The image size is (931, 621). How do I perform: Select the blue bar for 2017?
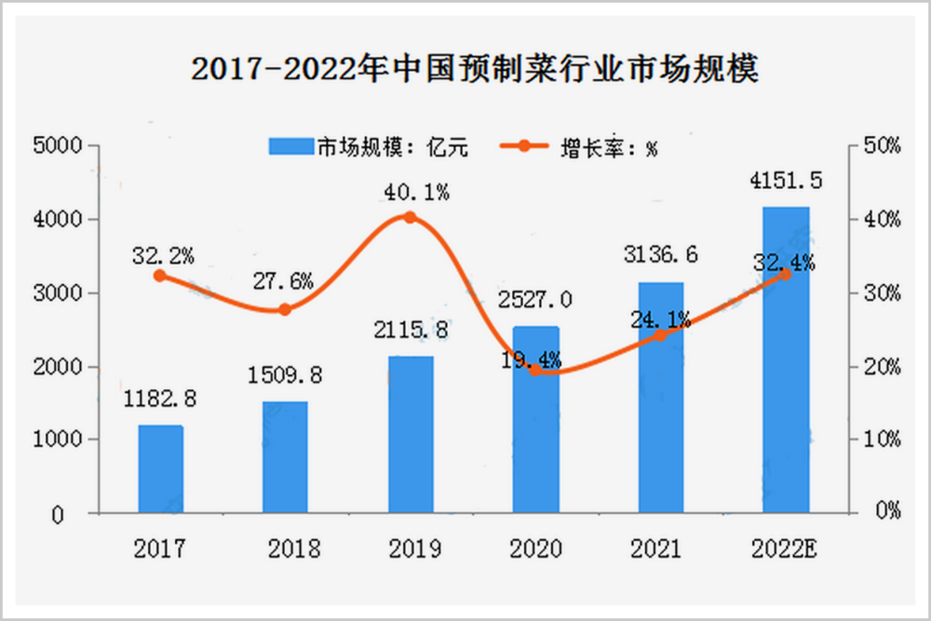[160, 469]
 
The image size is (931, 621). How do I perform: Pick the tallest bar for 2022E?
[785, 359]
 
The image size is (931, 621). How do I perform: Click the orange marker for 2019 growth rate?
[410, 218]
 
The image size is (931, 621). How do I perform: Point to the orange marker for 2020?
[535, 370]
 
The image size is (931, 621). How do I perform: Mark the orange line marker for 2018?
[285, 309]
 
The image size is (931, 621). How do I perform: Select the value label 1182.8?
[160, 399]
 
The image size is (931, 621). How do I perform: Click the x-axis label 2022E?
[785, 547]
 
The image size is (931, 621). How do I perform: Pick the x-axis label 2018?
[285, 547]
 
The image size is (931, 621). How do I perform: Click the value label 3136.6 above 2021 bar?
[660, 254]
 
